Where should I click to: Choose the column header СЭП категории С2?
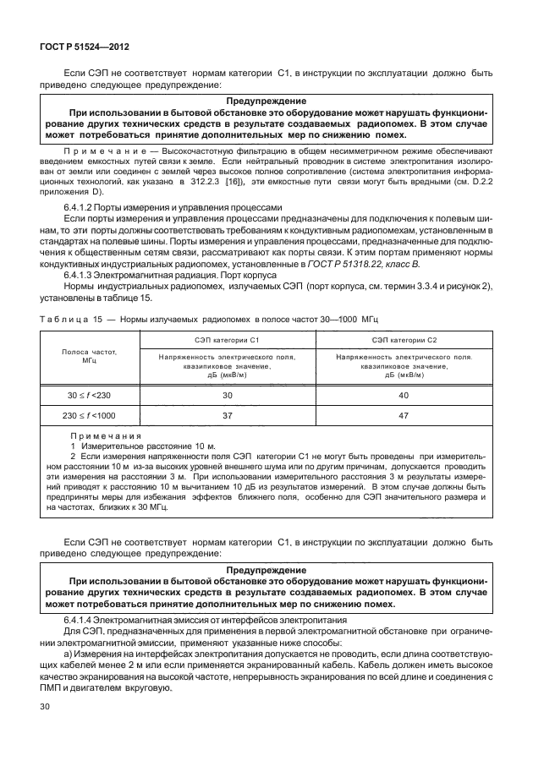click(404, 339)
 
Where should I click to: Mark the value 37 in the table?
click(227, 416)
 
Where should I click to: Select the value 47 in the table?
click(404, 416)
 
